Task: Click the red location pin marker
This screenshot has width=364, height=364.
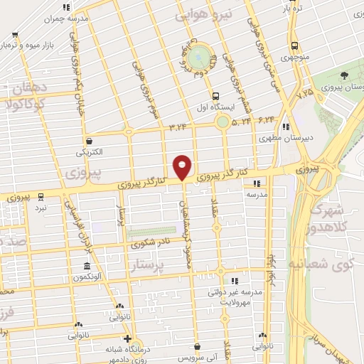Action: tap(183, 167)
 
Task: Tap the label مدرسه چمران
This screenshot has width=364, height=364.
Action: tap(66, 19)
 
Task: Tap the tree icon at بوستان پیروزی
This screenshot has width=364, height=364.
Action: tap(344, 75)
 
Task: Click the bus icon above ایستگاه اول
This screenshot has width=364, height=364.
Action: tap(215, 95)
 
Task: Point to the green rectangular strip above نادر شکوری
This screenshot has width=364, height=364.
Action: tap(151, 232)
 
